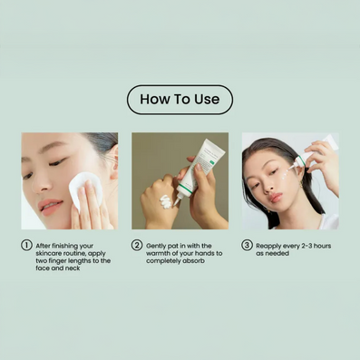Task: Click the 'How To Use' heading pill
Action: coord(180,100)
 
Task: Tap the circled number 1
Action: coord(26,245)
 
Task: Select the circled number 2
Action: coord(137,245)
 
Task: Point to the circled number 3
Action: coord(247,245)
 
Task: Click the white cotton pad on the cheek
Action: coord(84,189)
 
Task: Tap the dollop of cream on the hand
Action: coord(166,201)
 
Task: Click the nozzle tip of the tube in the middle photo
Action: coord(175,203)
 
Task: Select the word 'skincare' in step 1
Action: coord(48,253)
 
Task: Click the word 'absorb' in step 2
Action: coord(195,260)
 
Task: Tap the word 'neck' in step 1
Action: coord(73,268)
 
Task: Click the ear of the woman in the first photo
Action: coord(112,161)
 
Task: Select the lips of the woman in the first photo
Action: coord(50,208)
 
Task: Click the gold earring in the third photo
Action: coord(301,184)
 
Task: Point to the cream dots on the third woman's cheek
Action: coord(284,174)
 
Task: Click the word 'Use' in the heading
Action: coord(207,100)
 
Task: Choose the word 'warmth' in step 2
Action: coord(158,253)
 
